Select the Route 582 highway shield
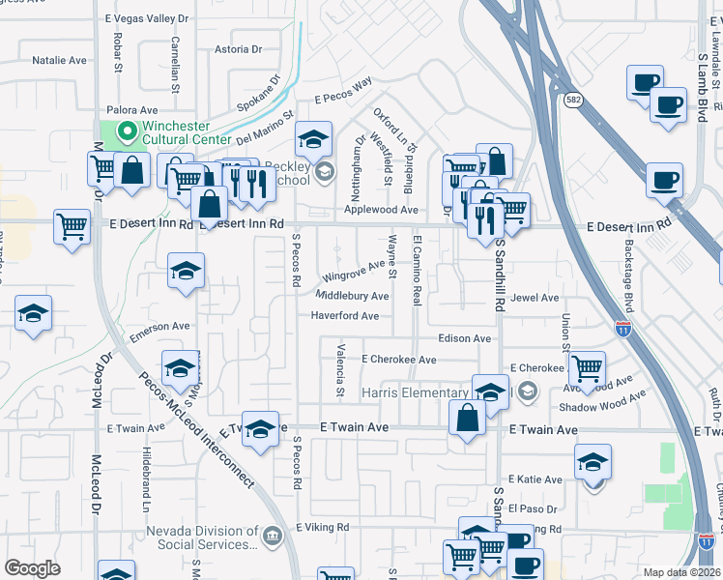pyautogui.click(x=574, y=99)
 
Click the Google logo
pyautogui.click(x=32, y=568)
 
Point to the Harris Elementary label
pyautogui.click(x=415, y=392)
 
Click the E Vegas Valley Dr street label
pyautogui.click(x=146, y=18)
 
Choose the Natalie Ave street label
pyautogui.click(x=59, y=60)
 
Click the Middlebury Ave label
pyautogui.click(x=352, y=296)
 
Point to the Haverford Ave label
pyautogui.click(x=344, y=316)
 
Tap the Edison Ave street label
pyautogui.click(x=464, y=338)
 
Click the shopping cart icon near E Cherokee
pyautogui.click(x=586, y=368)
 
